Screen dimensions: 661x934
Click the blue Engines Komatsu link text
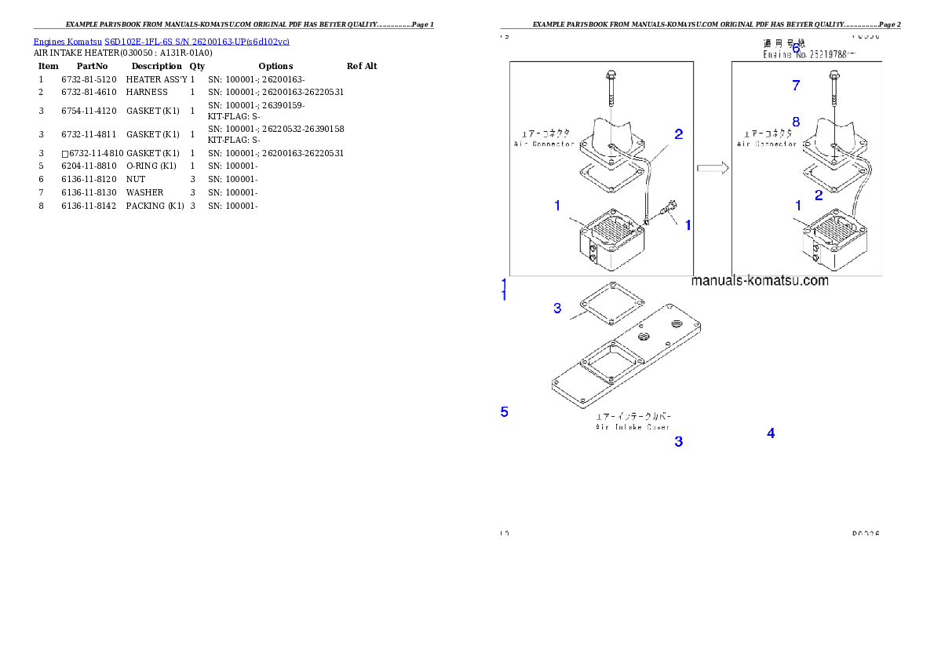[x=161, y=42]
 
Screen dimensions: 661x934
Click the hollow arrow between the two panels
[x=713, y=168]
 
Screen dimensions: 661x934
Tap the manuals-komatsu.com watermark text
[x=760, y=281]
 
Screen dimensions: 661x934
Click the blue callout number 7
[x=796, y=86]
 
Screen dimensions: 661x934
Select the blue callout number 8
[x=796, y=122]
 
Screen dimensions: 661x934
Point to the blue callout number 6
[x=795, y=48]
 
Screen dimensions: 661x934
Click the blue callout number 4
[x=771, y=433]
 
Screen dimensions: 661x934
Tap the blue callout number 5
[x=505, y=411]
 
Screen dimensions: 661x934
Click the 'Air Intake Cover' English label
[x=632, y=427]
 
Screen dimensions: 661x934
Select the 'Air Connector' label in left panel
[x=543, y=144]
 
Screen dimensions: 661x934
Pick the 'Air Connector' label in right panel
[x=767, y=144]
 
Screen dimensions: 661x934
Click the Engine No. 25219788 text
[x=809, y=55]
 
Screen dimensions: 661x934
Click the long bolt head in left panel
[x=611, y=76]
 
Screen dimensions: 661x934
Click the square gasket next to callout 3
[x=611, y=302]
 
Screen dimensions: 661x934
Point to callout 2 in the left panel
[x=678, y=134]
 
